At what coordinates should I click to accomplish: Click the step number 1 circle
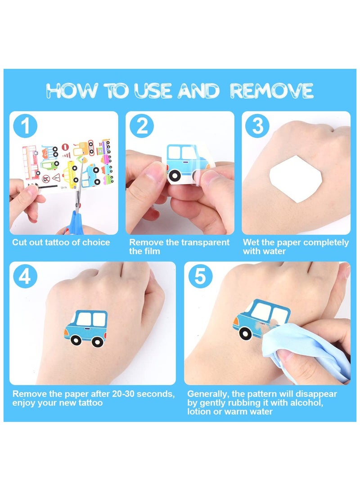tap(25, 126)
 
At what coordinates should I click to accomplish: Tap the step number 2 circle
tap(141, 126)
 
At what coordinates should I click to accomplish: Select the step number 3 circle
tap(257, 126)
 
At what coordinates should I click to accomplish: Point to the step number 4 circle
tap(25, 276)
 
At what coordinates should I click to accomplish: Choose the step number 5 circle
tap(200, 276)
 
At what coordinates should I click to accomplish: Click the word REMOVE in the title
tap(272, 91)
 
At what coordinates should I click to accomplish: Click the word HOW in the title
tap(72, 91)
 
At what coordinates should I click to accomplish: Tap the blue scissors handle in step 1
tap(72, 222)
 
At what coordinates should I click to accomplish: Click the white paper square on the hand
tap(296, 179)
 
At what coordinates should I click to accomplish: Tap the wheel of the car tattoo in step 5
tap(245, 334)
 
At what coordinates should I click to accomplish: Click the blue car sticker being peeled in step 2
tap(188, 163)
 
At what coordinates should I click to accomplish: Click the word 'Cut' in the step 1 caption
tap(19, 243)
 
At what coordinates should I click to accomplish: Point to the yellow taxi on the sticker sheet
tap(71, 174)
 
